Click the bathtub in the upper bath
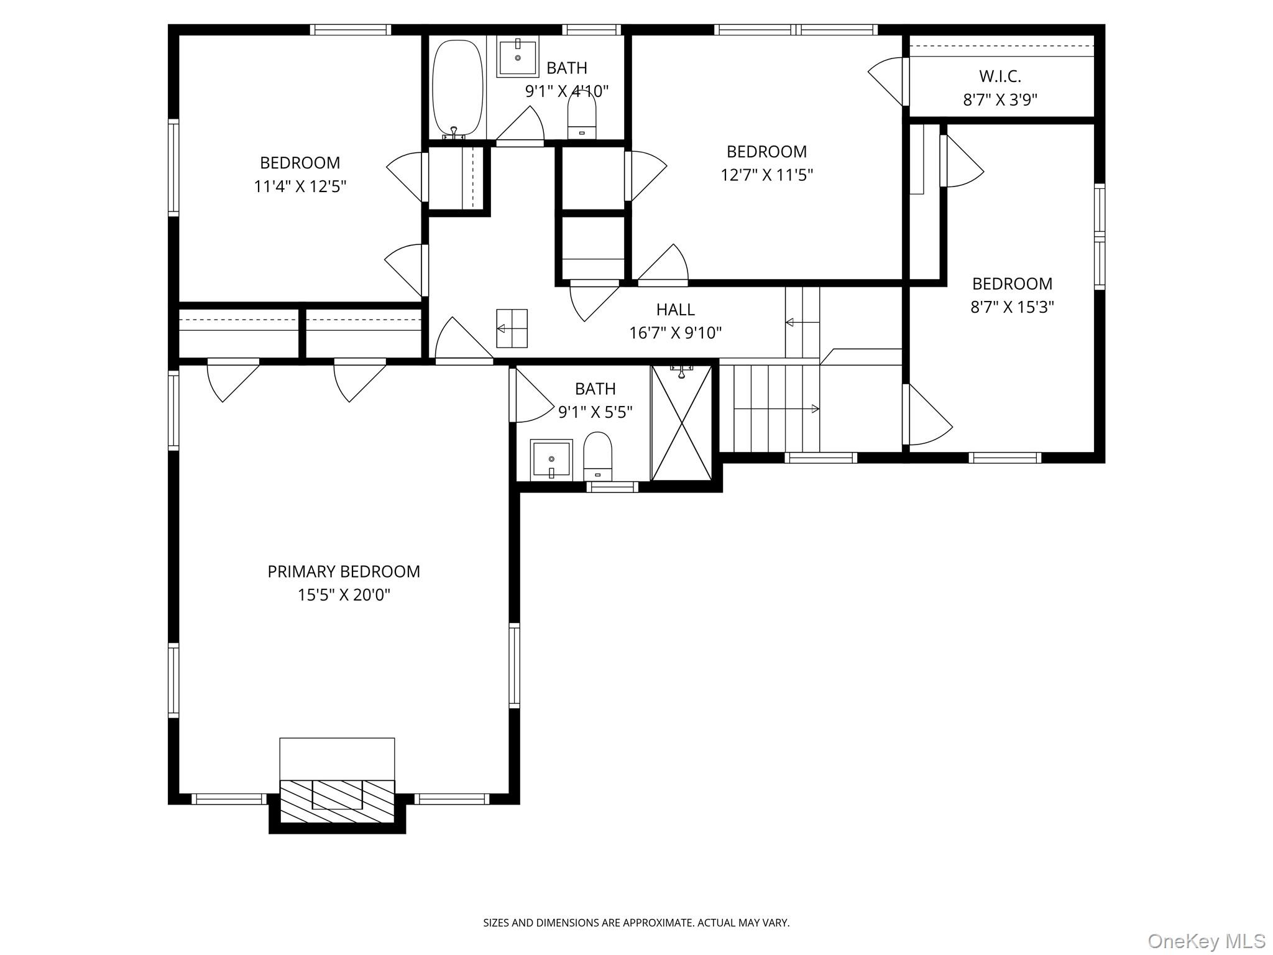[457, 88]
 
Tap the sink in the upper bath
[517, 57]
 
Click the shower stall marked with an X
[682, 423]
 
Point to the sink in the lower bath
[551, 459]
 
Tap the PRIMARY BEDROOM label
[344, 571]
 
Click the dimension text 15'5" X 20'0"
[344, 595]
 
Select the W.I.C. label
[1000, 76]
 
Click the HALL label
[675, 310]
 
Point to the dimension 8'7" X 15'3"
[1012, 307]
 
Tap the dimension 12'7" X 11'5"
[766, 175]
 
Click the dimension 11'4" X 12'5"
[300, 187]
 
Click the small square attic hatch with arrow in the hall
[512, 328]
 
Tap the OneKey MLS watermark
[1206, 941]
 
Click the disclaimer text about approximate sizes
[636, 923]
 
